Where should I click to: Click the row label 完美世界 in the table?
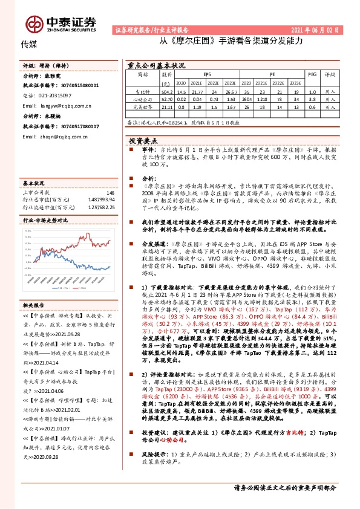(142, 107)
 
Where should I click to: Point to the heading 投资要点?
(143, 140)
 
